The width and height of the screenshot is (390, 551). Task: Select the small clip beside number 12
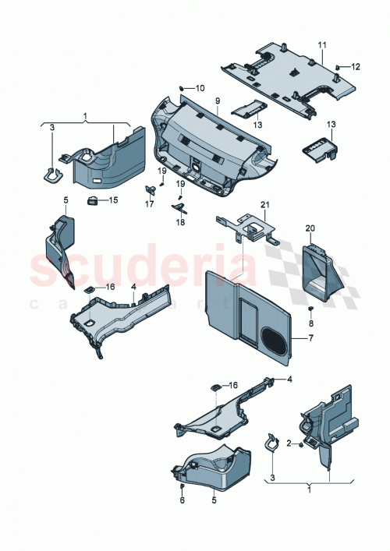click(x=338, y=68)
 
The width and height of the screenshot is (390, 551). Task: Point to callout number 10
click(x=199, y=88)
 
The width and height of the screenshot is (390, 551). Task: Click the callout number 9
click(x=218, y=101)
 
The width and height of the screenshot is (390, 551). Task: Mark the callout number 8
click(x=310, y=323)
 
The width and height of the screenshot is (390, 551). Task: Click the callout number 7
click(x=310, y=341)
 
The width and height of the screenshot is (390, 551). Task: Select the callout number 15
click(x=113, y=200)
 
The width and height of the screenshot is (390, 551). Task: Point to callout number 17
click(x=149, y=207)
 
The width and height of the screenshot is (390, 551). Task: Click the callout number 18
click(x=182, y=222)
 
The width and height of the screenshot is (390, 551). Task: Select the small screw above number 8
click(x=310, y=309)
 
